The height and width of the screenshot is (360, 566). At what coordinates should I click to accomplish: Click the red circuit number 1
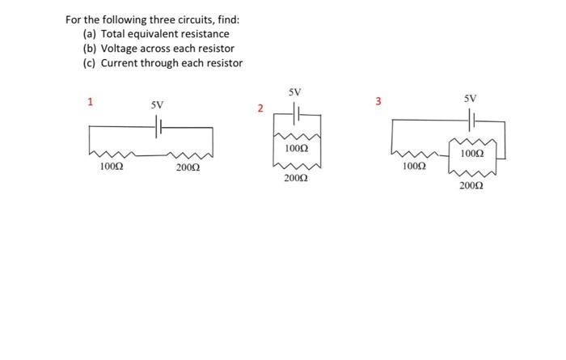(x=91, y=102)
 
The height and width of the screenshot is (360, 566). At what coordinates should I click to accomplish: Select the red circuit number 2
(x=260, y=108)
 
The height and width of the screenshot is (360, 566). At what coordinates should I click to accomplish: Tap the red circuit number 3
(x=378, y=101)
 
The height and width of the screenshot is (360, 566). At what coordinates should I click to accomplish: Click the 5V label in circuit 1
(x=157, y=105)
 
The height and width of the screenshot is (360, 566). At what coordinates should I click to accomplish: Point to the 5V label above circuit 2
(x=295, y=92)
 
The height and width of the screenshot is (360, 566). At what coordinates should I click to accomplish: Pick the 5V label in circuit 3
(x=471, y=98)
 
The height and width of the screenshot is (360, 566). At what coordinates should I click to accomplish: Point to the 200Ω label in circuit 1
(x=188, y=167)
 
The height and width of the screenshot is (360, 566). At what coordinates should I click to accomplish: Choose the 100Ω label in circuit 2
(x=296, y=150)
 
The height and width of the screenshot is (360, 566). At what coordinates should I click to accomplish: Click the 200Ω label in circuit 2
(x=296, y=178)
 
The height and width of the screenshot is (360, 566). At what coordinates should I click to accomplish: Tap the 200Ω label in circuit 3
(x=471, y=186)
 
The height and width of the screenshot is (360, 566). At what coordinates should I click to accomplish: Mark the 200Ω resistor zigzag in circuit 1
(x=190, y=154)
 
